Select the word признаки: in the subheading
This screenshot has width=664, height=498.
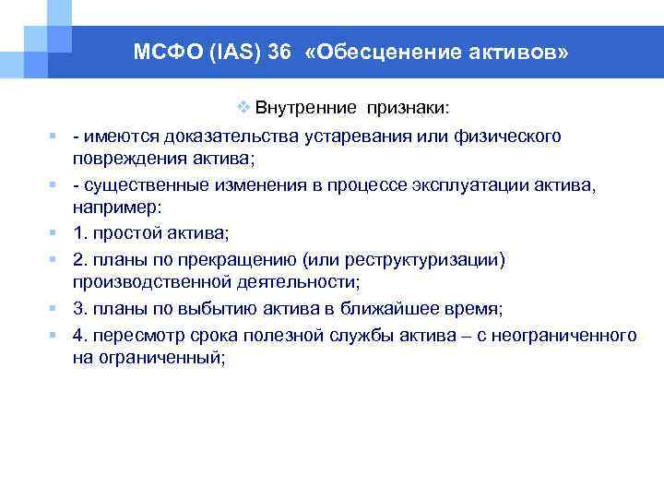tap(408, 109)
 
